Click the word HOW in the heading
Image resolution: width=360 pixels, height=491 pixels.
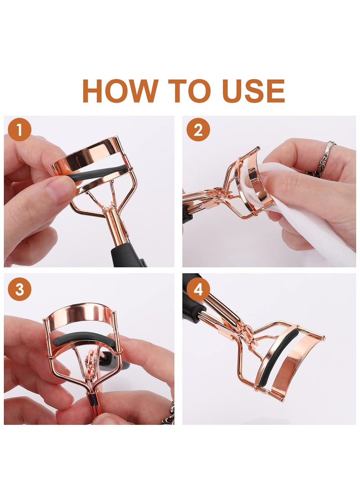[x=120, y=91]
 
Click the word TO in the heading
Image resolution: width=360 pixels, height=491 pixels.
[x=189, y=91]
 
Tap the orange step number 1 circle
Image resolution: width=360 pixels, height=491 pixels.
[x=19, y=130]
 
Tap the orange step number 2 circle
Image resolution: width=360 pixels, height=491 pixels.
[x=198, y=130]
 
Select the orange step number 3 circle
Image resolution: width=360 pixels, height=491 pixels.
[x=19, y=289]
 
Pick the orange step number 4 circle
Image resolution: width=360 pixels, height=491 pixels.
[x=198, y=289]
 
